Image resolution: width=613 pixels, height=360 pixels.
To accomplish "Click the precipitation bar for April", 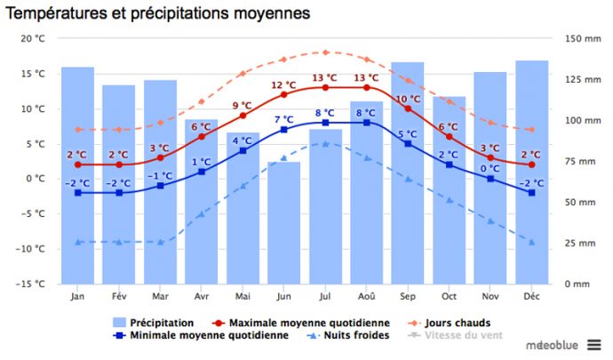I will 201,201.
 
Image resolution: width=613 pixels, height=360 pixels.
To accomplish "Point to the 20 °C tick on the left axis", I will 32,39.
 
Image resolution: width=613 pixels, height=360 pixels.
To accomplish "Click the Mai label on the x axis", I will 242,296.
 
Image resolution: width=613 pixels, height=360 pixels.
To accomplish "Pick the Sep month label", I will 407,296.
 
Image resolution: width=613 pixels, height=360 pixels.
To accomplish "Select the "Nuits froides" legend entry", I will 355,335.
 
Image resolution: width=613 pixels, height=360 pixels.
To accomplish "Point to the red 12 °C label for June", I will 283,85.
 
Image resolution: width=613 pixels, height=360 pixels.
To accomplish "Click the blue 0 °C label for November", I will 490,168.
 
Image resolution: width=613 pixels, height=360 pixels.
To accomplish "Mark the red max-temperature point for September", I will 407,108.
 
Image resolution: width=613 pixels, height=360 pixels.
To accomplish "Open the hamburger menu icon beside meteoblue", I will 593,345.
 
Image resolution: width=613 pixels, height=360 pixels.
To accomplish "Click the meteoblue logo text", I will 553,345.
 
